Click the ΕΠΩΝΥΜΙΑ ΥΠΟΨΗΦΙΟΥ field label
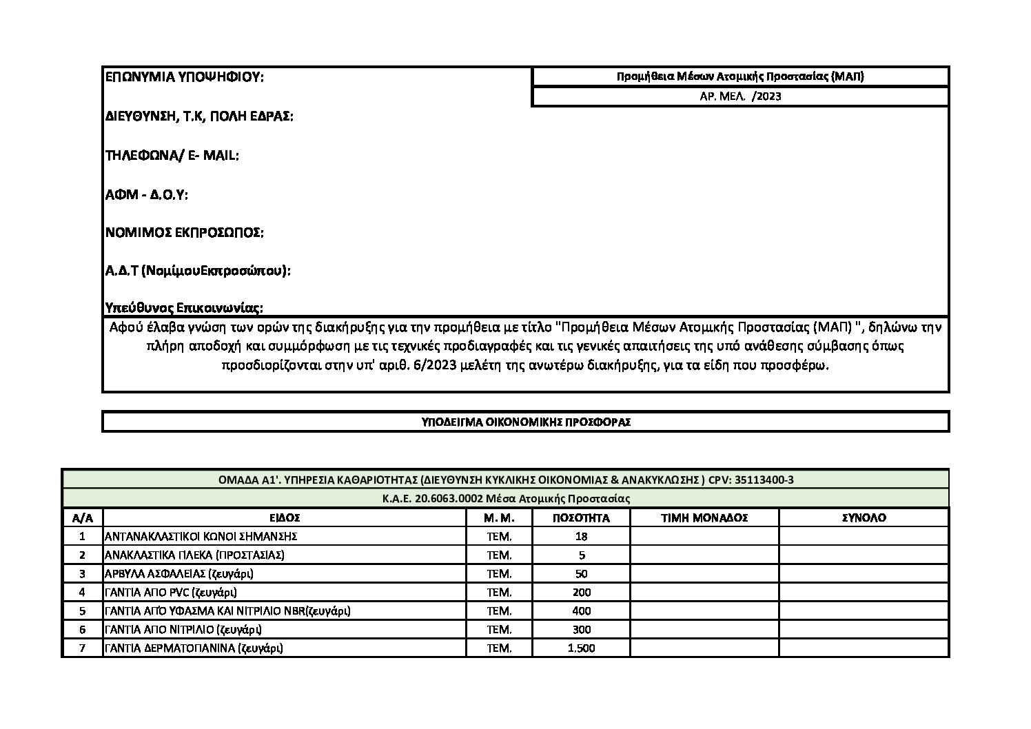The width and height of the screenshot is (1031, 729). click(x=184, y=77)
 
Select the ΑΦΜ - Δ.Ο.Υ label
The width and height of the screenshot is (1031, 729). click(x=146, y=195)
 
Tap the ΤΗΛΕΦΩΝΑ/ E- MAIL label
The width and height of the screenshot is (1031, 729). click(x=172, y=156)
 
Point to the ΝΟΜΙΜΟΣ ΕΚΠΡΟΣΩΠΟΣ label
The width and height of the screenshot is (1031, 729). click(x=184, y=233)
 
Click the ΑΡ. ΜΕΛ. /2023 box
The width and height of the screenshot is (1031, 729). click(x=740, y=96)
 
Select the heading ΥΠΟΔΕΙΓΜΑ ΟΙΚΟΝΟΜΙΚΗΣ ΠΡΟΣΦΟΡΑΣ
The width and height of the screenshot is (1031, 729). click(x=526, y=422)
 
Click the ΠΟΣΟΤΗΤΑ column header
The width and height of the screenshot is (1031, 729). click(x=581, y=518)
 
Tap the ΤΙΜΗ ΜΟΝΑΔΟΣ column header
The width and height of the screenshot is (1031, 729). click(x=704, y=518)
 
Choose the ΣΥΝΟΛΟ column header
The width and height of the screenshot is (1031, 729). click(x=864, y=518)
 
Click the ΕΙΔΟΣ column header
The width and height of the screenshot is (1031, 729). click(x=285, y=518)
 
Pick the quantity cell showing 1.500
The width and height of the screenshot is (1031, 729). click(x=581, y=648)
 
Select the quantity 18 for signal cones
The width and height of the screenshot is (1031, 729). click(x=581, y=537)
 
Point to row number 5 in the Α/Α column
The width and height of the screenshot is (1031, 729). click(x=82, y=611)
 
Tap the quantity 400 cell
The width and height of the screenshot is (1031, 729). click(x=581, y=611)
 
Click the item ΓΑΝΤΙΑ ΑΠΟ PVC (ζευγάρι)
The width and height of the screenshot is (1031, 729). click(x=171, y=593)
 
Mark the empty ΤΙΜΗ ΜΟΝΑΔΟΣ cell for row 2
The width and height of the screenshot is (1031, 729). click(x=704, y=555)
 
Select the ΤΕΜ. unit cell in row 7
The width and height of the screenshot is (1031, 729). click(x=499, y=648)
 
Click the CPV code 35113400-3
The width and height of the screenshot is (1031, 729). click(x=764, y=480)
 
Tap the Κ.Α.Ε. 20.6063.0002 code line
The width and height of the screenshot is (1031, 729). click(x=505, y=498)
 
